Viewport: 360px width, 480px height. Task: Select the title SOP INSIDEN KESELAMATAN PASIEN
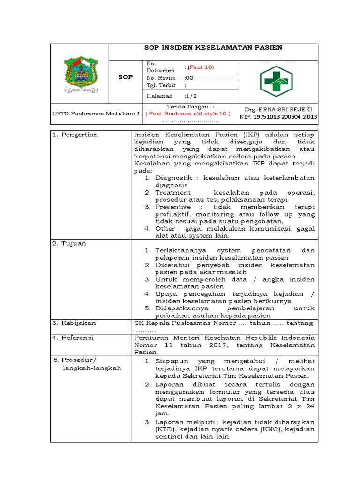213,48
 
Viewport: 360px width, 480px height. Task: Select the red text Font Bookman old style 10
189,113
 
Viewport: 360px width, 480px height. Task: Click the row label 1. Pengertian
75,135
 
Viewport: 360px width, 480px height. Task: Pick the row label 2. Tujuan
69,243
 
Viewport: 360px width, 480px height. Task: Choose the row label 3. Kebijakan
74,323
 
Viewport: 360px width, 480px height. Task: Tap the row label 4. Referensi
74,337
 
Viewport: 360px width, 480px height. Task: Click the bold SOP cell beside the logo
125,77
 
